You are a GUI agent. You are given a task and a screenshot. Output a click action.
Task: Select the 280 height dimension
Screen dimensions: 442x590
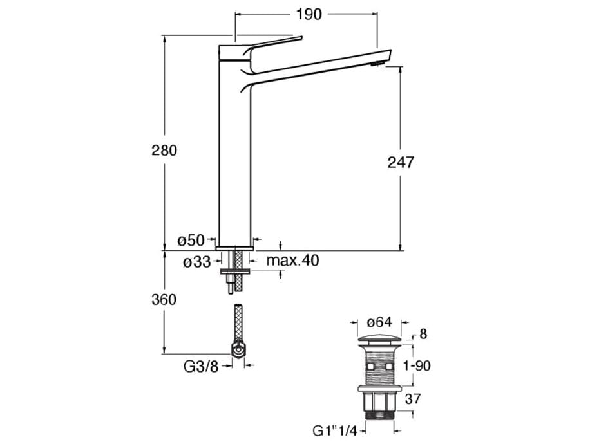click(164, 151)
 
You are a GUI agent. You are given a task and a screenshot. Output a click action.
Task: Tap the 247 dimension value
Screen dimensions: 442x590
click(401, 161)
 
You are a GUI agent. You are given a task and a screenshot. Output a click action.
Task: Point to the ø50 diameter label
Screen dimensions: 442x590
click(191, 241)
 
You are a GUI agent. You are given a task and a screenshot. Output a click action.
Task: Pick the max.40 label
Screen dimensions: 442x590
click(292, 261)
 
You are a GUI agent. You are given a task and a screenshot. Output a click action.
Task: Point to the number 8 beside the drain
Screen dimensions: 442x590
click(423, 335)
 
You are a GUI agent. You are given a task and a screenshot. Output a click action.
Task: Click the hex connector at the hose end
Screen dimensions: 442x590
click(237, 351)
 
